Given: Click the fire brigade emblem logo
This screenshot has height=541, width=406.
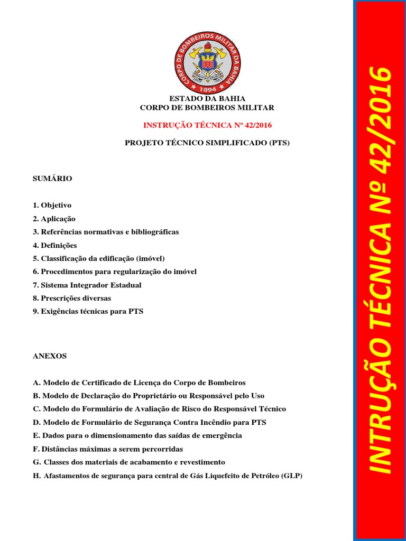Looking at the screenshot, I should pyautogui.click(x=207, y=62).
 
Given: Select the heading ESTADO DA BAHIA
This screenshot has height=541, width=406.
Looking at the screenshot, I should pyautogui.click(x=207, y=99).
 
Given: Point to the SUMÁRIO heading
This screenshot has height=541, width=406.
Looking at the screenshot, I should pyautogui.click(x=52, y=179).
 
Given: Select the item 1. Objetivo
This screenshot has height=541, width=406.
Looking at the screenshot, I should pyautogui.click(x=52, y=205).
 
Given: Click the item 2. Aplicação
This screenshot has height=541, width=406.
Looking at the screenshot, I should pyautogui.click(x=54, y=219).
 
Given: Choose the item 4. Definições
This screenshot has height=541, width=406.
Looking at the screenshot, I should pyautogui.click(x=55, y=245).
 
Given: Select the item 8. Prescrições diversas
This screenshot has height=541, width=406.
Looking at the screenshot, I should pyautogui.click(x=72, y=298).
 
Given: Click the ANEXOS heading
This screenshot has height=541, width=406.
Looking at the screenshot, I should pyautogui.click(x=50, y=356).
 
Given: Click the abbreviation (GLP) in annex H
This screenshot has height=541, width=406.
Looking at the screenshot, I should pyautogui.click(x=291, y=475).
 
